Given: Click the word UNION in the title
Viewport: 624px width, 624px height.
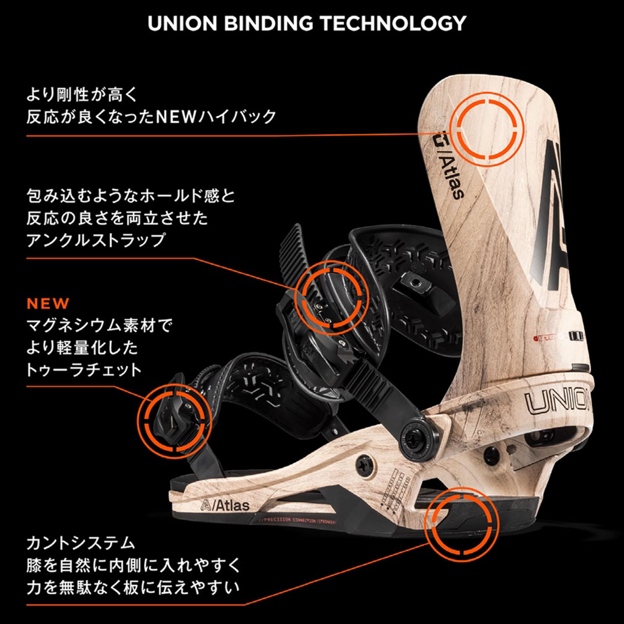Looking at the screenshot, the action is point(182,23).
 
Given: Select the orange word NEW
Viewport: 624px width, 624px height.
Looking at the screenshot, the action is point(48,304).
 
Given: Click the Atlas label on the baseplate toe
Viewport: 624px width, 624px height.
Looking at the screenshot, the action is point(225,506).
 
